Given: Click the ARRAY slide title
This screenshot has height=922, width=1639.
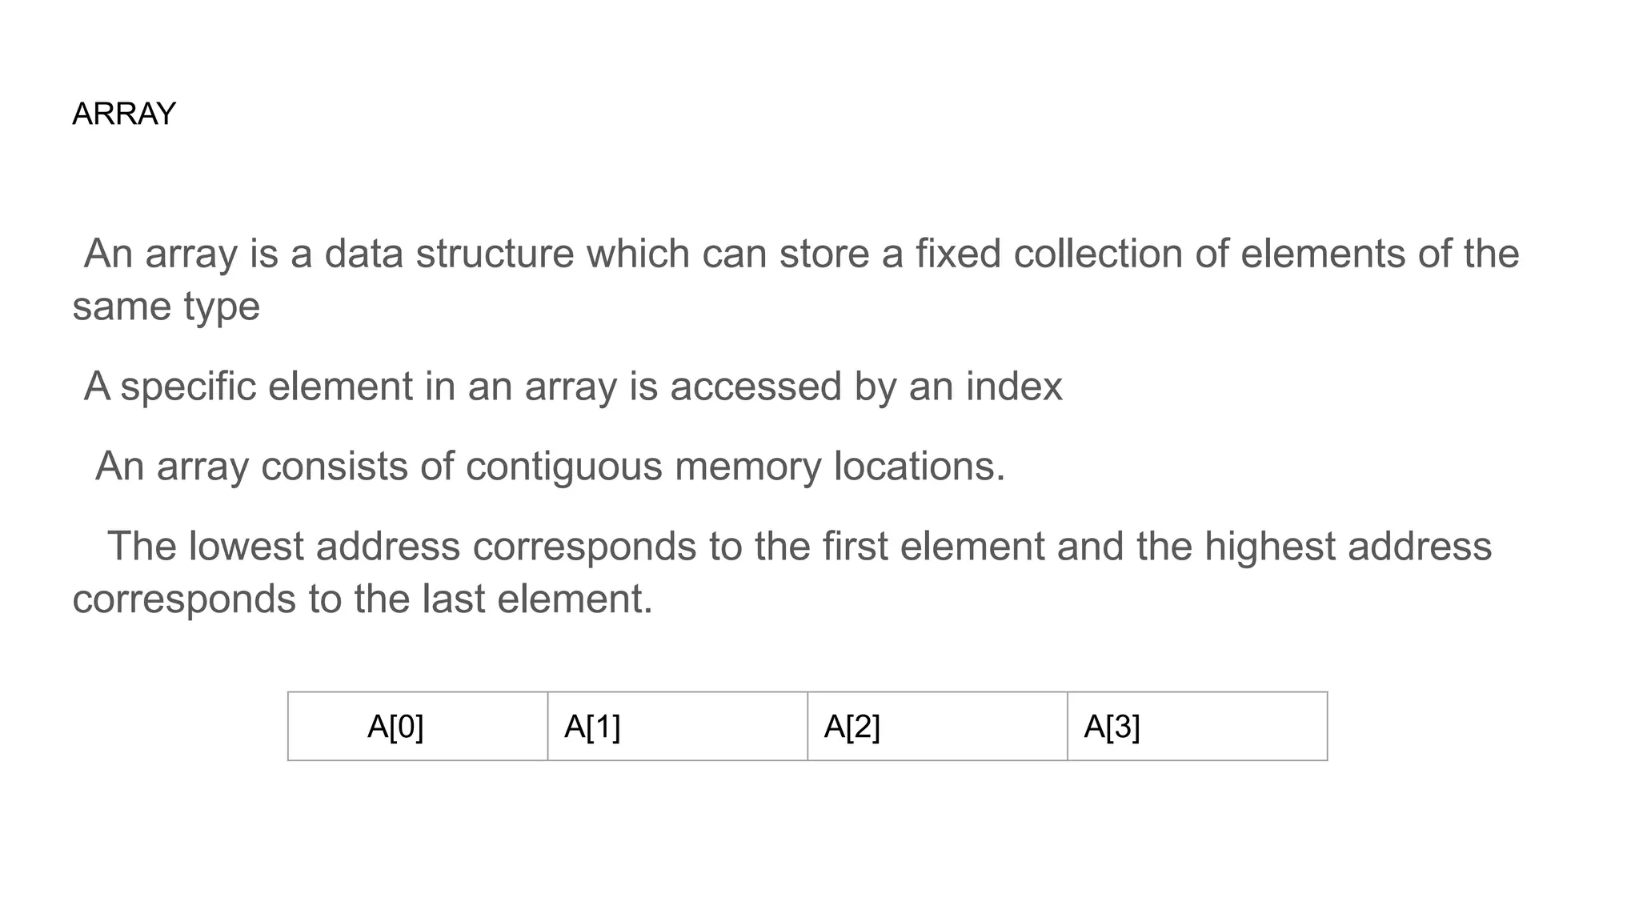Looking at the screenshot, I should coord(123,114).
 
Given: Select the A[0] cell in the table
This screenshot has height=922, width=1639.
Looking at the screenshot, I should coord(395,727).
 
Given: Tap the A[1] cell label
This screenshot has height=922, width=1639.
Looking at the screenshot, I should coord(592,727).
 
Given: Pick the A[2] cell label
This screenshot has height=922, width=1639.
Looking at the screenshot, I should coord(852,727).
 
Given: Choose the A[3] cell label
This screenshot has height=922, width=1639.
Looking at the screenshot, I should coord(1112,727).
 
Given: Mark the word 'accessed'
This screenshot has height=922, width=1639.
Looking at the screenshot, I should coord(755,387).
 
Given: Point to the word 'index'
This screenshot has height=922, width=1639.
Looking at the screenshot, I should coord(1014,387).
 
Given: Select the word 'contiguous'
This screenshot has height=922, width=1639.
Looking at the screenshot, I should coord(563,467).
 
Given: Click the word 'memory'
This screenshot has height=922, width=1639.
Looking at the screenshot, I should coord(747,467).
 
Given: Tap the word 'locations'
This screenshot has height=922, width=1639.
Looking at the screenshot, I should coord(918,467).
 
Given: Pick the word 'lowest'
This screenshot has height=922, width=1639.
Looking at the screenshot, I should coord(246,547).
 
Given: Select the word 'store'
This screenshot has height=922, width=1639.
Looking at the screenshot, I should coord(824,254).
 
